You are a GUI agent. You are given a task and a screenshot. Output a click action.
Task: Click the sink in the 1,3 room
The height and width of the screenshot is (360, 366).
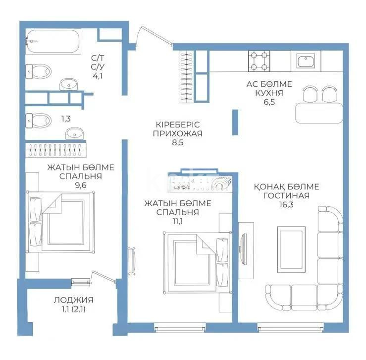pos(75,133)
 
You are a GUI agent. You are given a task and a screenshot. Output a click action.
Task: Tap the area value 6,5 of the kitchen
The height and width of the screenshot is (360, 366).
pos(269,103)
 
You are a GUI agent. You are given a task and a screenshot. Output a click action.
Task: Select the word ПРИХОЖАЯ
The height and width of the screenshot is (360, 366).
pos(177,133)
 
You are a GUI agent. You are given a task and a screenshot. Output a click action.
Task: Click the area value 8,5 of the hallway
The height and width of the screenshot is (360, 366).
pos(177,143)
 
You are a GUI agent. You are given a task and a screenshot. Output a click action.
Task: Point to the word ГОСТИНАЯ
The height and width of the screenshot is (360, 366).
pos(287,195)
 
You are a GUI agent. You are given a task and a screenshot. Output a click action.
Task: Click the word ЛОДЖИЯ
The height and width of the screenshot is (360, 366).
pos(73,300)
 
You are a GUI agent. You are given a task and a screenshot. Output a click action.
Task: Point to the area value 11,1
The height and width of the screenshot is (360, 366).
pos(177,222)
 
